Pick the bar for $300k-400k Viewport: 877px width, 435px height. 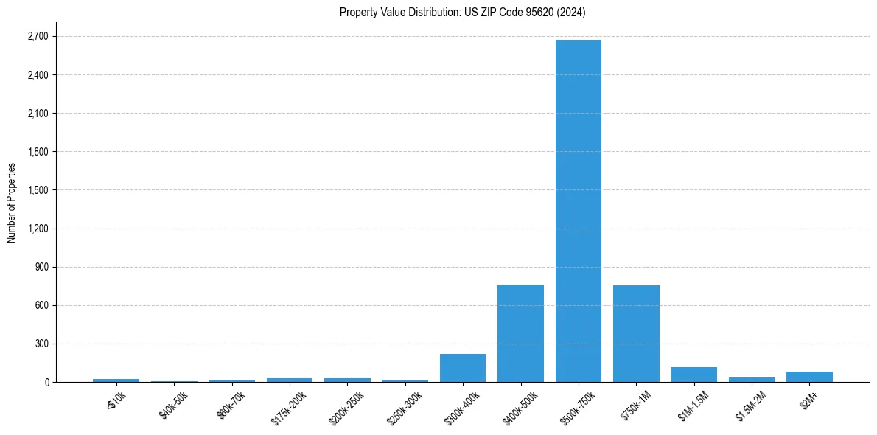point(463,368)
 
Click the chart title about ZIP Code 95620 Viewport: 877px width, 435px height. point(462,12)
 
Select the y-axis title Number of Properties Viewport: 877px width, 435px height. point(11,202)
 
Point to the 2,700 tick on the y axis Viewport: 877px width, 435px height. point(37,36)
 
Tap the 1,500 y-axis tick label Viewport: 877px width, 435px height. point(37,190)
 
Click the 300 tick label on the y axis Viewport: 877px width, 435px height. point(41,344)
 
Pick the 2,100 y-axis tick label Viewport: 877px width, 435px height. point(37,114)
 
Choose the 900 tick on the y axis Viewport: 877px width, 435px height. point(41,267)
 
